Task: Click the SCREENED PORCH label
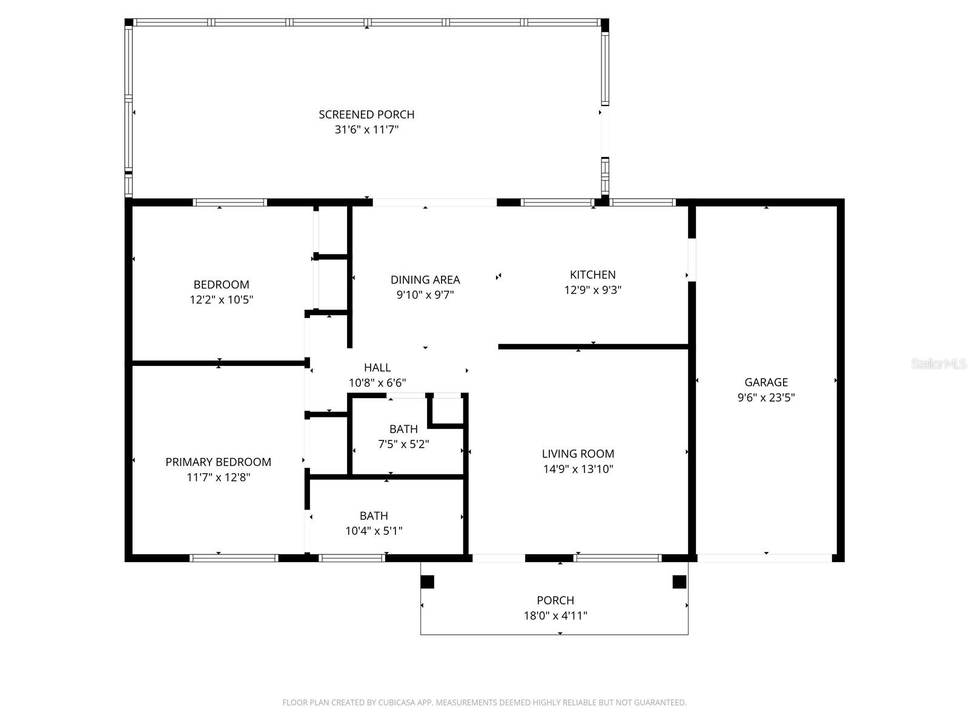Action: pyautogui.click(x=366, y=115)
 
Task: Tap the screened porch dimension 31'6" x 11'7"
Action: pyautogui.click(x=366, y=130)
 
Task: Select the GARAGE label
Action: pyautogui.click(x=766, y=382)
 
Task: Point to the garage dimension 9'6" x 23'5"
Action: pyautogui.click(x=766, y=397)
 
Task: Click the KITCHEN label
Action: pyautogui.click(x=592, y=274)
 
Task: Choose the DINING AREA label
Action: pyautogui.click(x=425, y=280)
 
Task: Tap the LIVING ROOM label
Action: pyautogui.click(x=578, y=454)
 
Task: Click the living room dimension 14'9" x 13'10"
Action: pyautogui.click(x=578, y=469)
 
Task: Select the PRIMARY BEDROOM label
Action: pyautogui.click(x=218, y=462)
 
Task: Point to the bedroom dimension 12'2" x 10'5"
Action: pyautogui.click(x=221, y=299)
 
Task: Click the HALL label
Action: pyautogui.click(x=377, y=368)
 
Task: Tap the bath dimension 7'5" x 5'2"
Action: pyautogui.click(x=403, y=444)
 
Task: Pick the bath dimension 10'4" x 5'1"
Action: pyautogui.click(x=374, y=531)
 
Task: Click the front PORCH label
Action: pyautogui.click(x=555, y=600)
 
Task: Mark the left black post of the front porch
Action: pyautogui.click(x=428, y=582)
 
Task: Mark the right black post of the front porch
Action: pyautogui.click(x=680, y=582)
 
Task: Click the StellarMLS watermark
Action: pyautogui.click(x=939, y=364)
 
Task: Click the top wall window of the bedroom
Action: pyautogui.click(x=230, y=202)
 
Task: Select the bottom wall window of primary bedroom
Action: pyautogui.click(x=234, y=558)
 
